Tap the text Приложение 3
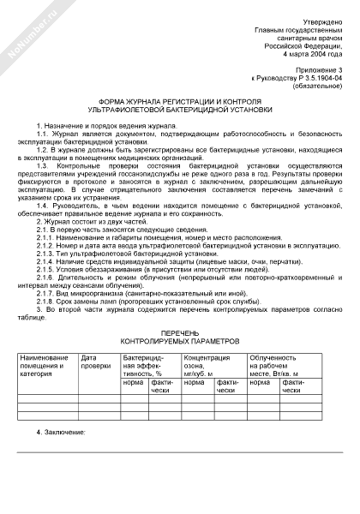click(315, 67)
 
